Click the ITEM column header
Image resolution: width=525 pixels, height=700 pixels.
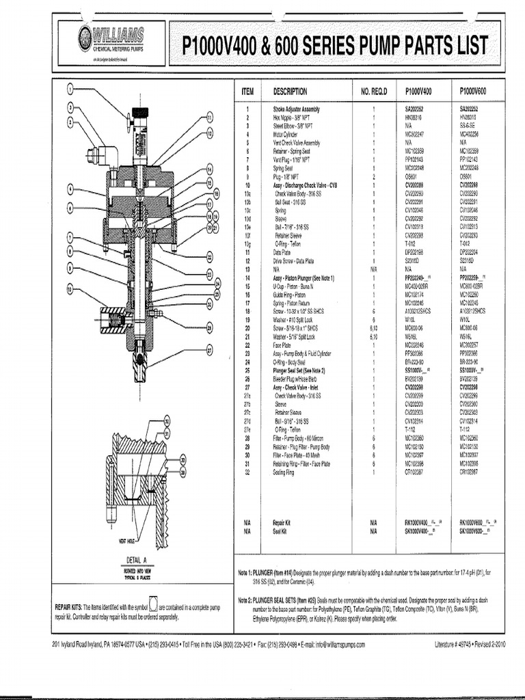point(247,91)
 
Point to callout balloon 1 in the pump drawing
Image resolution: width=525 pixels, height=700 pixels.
point(70,87)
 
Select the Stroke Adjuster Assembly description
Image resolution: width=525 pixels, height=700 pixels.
point(297,109)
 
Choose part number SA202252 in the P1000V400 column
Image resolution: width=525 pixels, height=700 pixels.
point(417,109)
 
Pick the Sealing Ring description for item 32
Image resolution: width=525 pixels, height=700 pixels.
point(287,472)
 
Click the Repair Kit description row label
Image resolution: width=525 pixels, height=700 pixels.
point(283,521)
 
